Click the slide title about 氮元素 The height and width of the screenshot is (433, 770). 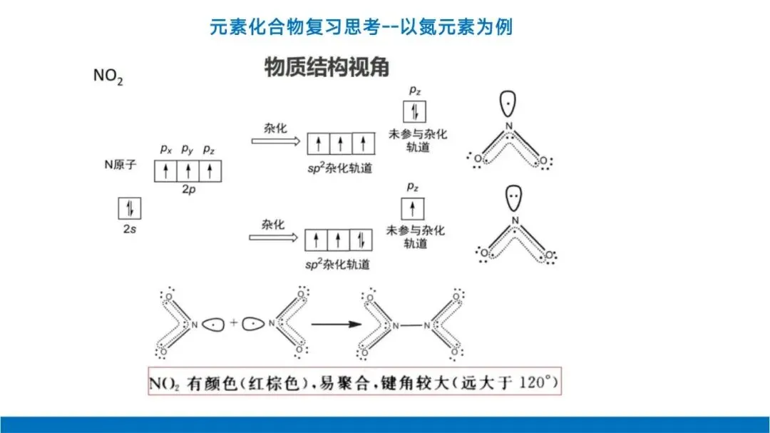pyautogui.click(x=361, y=28)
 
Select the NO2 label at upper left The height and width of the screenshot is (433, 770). pyautogui.click(x=108, y=76)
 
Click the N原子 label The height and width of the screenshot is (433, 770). pyautogui.click(x=119, y=164)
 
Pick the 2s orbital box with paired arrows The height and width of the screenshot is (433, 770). pyautogui.click(x=130, y=208)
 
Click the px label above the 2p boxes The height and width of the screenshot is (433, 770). pyautogui.click(x=166, y=149)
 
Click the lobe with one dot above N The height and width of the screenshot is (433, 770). pyautogui.click(x=507, y=105)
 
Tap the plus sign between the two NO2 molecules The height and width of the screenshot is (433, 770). pyautogui.click(x=233, y=322)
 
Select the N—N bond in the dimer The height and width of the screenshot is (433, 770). pyautogui.click(x=411, y=325)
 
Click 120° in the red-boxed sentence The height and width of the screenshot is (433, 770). pyautogui.click(x=540, y=384)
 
